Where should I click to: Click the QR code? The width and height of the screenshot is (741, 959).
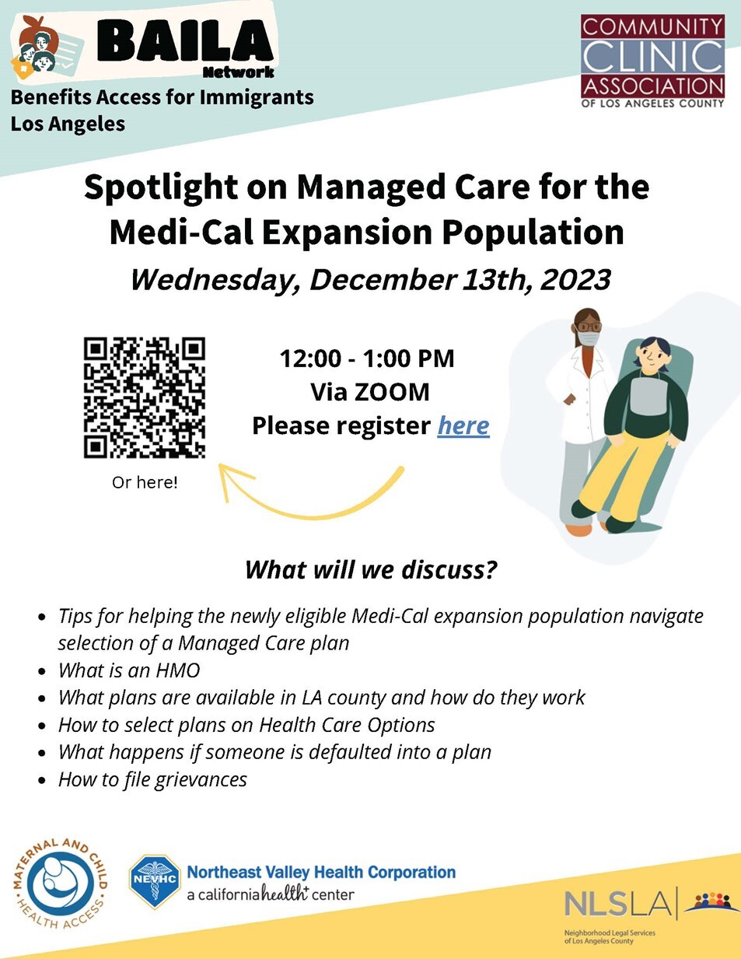point(145,397)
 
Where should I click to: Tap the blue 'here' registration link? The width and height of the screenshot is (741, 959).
point(463,425)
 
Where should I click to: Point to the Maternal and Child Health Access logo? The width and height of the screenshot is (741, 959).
point(60,884)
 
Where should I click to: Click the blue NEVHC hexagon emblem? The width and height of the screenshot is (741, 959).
point(156,880)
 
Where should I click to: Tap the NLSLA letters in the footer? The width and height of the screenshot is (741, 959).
point(617,905)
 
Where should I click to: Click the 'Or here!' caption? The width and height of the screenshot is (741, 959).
point(145,482)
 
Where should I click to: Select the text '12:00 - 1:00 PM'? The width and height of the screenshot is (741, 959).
point(367,359)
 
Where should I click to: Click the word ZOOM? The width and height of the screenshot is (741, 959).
point(392,392)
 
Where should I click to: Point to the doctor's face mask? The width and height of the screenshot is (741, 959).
point(589,338)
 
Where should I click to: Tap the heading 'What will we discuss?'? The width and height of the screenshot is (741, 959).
point(370,570)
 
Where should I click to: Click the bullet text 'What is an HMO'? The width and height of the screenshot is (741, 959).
point(129,670)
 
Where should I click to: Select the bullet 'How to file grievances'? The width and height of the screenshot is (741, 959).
point(152,779)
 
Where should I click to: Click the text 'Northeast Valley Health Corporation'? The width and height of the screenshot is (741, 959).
point(321,872)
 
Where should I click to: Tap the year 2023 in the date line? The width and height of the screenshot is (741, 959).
point(575,280)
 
